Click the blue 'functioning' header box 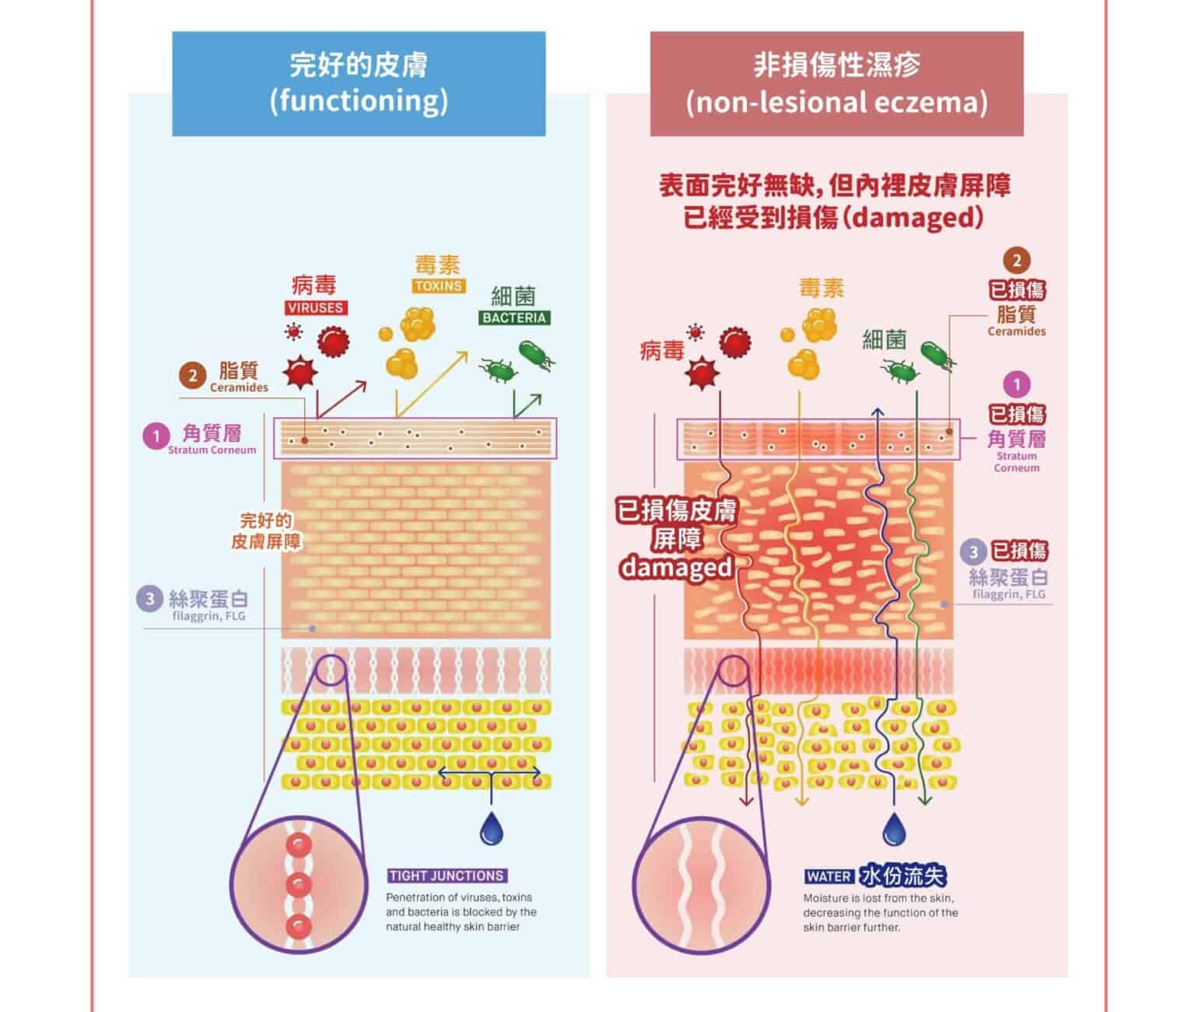(359, 83)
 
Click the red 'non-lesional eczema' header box (836, 83)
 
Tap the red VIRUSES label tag (315, 307)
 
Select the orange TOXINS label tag (439, 285)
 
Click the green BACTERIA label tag (513, 317)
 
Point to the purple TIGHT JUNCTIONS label (447, 876)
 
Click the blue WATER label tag (829, 877)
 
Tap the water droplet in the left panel (491, 829)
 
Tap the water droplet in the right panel (894, 830)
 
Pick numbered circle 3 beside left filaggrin (149, 598)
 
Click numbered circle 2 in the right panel (1016, 261)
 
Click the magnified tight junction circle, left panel (300, 884)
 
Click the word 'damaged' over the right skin (676, 567)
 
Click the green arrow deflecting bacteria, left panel (526, 405)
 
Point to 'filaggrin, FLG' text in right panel (1009, 594)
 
